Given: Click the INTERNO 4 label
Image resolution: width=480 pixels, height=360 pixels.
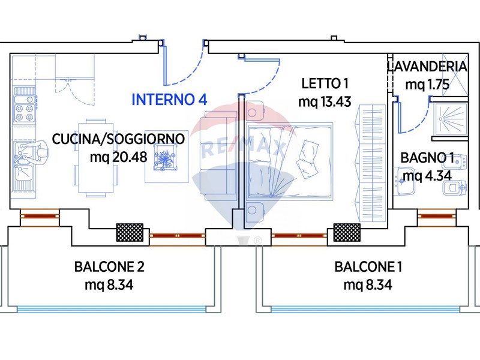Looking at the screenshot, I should pos(169,100).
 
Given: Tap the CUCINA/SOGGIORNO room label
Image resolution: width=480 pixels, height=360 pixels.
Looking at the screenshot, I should pos(118,139).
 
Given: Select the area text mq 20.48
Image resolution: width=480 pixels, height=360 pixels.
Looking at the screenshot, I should pos(118,158).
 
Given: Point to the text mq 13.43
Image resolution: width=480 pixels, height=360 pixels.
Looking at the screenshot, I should pos(325,101).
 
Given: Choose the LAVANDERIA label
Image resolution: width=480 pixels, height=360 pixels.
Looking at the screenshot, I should pos(427,66).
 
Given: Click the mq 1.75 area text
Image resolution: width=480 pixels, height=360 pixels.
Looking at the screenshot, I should pos(427,85).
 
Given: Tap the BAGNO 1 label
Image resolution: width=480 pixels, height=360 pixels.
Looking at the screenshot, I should pos(427,158).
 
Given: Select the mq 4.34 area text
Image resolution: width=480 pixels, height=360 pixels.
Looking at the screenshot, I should pos(427,176).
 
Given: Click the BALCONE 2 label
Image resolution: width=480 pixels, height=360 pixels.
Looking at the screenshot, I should pos(109,266).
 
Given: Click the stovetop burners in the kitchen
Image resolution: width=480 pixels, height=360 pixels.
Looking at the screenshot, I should pos(25,109).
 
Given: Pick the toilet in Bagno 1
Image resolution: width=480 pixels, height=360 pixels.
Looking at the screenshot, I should pos(452,188).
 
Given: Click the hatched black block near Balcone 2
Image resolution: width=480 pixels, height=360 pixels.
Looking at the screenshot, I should pos(129,232).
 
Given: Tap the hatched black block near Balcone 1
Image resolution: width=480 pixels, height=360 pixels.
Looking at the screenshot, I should pos(346,232).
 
